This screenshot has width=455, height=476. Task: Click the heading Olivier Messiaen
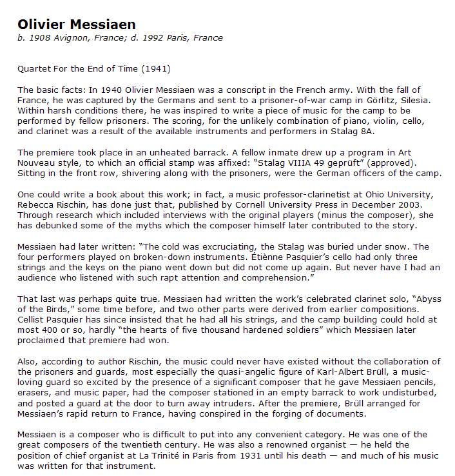point(77,25)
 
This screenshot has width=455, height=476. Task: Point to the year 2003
point(407,204)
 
